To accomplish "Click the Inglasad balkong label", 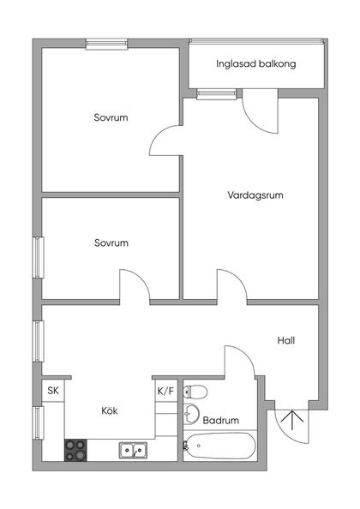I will [x=256, y=63].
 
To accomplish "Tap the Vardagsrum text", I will [x=255, y=195].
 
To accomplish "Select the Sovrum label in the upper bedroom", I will [x=111, y=117].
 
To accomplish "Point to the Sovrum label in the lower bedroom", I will [x=111, y=243].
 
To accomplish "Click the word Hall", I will [x=286, y=340].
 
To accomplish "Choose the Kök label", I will [x=109, y=410].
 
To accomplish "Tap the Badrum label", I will [x=220, y=421].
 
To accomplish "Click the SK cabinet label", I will [x=53, y=391].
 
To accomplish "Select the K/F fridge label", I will [x=165, y=391].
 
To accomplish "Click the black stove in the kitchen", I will [x=76, y=448].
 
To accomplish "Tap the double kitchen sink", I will [x=132, y=448].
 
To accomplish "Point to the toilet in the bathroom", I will [x=196, y=392].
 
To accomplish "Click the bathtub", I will [x=220, y=446].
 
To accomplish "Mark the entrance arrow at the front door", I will [x=291, y=420].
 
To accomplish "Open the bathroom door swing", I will [x=240, y=360].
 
